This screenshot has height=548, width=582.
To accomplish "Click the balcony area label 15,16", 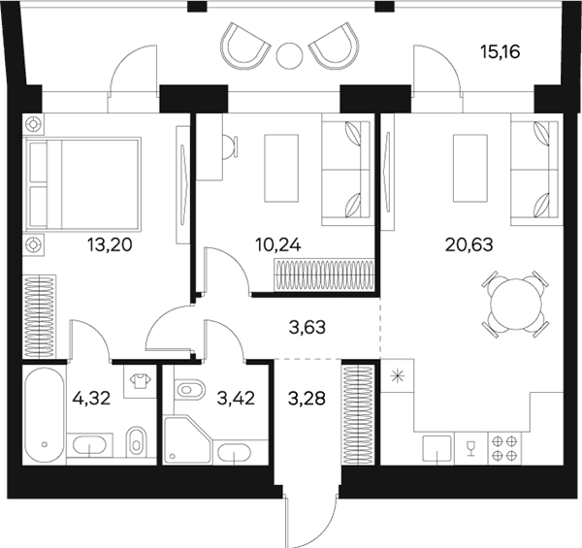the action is (500, 52).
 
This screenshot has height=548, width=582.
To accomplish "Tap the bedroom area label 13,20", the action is (110, 244).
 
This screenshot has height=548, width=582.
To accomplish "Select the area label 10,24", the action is (278, 244).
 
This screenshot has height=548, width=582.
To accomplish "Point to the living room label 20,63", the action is (469, 244).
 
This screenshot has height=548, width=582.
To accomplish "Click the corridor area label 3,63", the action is (307, 328).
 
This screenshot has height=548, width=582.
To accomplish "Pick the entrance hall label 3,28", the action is (307, 399).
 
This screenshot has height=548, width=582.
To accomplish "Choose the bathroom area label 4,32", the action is (92, 399).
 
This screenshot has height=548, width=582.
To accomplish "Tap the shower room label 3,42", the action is (236, 399).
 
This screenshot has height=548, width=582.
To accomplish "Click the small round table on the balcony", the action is (289, 55).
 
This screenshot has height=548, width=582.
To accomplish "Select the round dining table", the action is (514, 304).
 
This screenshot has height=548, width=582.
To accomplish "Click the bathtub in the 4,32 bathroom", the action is (45, 414).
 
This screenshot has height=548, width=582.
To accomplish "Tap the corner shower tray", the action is (188, 439).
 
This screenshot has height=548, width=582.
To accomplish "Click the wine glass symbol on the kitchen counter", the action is (471, 447).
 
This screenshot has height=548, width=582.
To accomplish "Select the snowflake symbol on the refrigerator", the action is (398, 377).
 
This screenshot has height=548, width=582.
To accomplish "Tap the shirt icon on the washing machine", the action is (140, 381).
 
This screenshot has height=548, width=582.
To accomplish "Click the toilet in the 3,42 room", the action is (189, 390).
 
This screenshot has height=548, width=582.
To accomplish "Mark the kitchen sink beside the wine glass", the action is (437, 448).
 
